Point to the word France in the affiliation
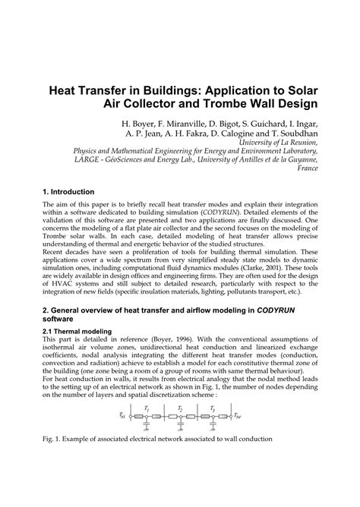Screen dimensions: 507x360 click(306, 169)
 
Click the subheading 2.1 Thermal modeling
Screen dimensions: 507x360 click(77, 331)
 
